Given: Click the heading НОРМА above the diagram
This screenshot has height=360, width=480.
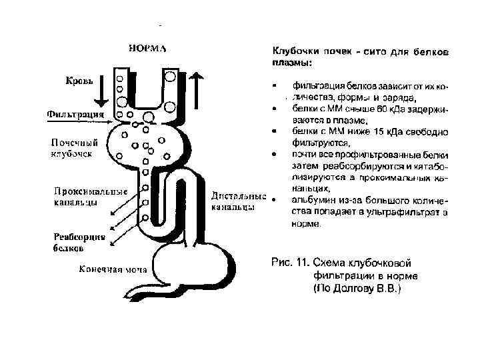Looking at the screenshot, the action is pyautogui.click(x=147, y=48).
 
